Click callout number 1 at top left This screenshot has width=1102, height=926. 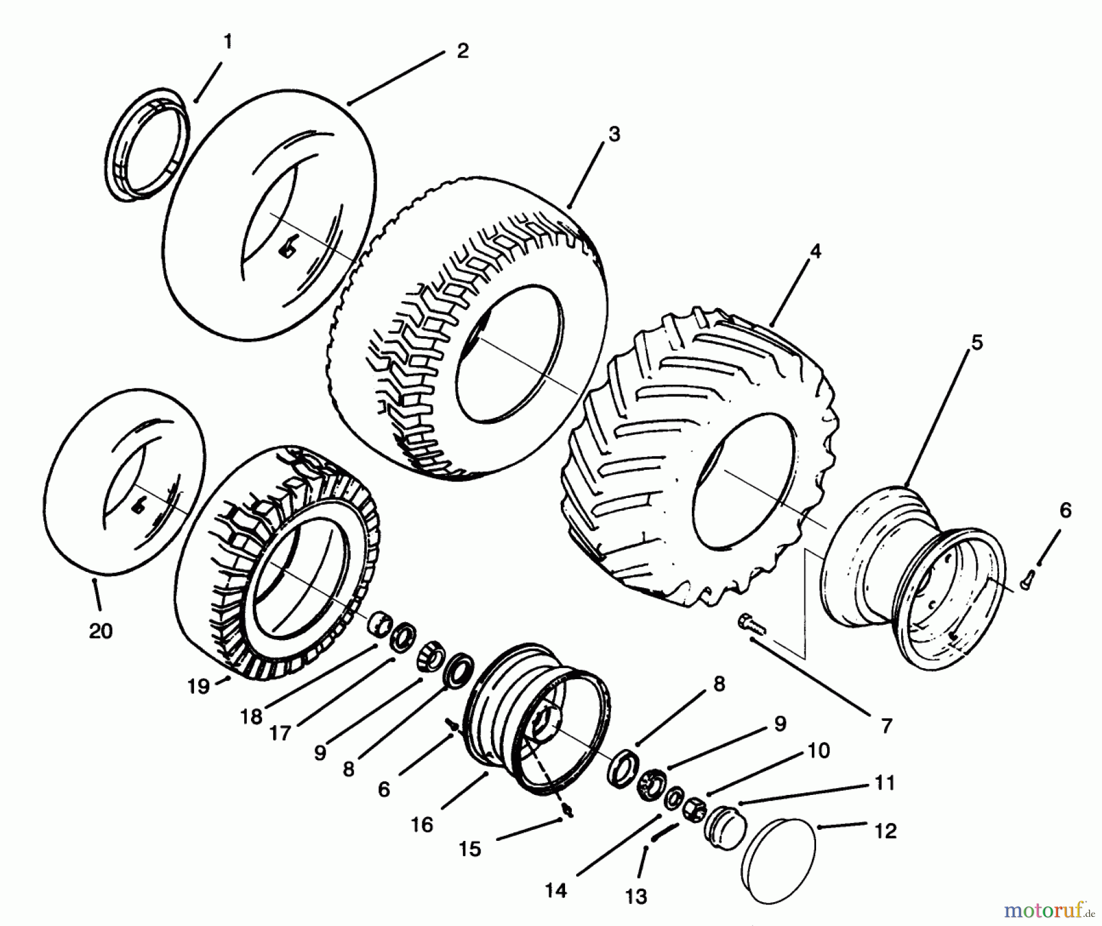pos(228,42)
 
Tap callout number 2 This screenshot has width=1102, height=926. pos(463,51)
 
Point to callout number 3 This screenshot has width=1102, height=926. pos(614,134)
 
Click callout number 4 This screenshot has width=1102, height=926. pos(815,252)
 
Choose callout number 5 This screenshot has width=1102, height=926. pos(976,343)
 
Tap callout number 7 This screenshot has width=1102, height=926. pos(886,726)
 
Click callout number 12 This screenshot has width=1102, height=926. pos(886,831)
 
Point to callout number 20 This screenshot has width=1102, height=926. pos(101,631)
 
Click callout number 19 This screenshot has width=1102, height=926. pos(198,687)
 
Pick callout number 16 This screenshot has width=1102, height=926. pos(422,824)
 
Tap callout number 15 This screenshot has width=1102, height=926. pos(470,849)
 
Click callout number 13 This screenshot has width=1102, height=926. pos(636,897)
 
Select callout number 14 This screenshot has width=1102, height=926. pos(556,890)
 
